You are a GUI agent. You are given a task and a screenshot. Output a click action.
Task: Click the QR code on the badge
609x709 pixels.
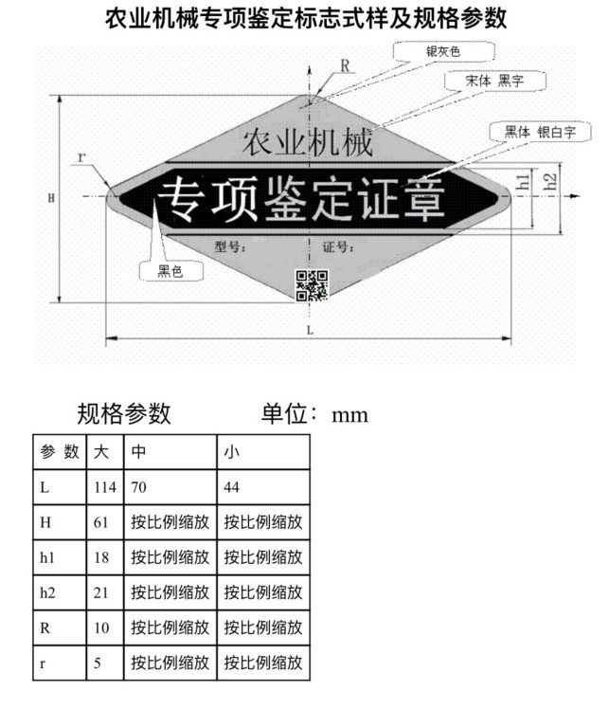click(313, 285)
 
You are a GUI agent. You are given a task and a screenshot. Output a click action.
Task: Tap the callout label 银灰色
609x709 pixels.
click(442, 51)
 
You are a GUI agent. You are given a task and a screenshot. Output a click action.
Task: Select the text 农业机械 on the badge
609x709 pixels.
click(303, 144)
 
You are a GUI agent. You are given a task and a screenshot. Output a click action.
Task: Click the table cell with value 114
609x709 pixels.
click(104, 487)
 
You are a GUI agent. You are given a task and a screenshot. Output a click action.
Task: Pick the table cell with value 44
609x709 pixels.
click(263, 487)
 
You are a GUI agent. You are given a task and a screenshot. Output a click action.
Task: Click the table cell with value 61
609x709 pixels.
click(104, 522)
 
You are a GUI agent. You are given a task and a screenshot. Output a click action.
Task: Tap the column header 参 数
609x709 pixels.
click(59, 452)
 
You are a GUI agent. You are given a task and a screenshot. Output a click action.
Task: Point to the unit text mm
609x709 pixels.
click(349, 415)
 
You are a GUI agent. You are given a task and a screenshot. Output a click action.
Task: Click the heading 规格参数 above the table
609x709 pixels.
click(124, 413)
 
